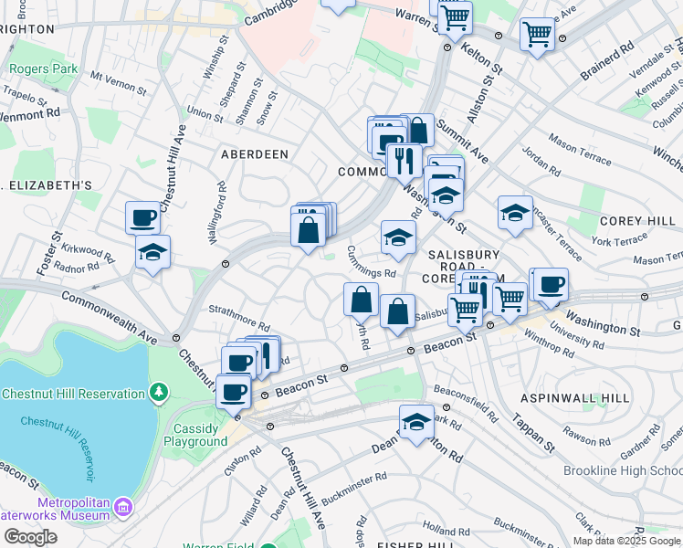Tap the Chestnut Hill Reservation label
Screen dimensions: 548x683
pos(73,394)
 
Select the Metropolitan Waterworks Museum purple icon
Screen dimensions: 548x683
pos(124,505)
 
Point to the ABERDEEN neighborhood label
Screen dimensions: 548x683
pos(255,154)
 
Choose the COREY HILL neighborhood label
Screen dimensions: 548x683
pos(636,222)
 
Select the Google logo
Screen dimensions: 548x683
pos(30,536)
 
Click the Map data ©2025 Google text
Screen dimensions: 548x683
pos(627,541)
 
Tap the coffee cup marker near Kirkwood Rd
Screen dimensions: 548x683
pos(143,218)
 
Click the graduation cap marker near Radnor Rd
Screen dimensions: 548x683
pos(152,251)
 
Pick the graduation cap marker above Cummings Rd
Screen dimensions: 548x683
pos(397,238)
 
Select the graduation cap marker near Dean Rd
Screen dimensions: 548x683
pos(416,423)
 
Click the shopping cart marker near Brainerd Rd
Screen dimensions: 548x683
pos(537,36)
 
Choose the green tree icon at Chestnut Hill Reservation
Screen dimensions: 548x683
pos(159,392)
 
